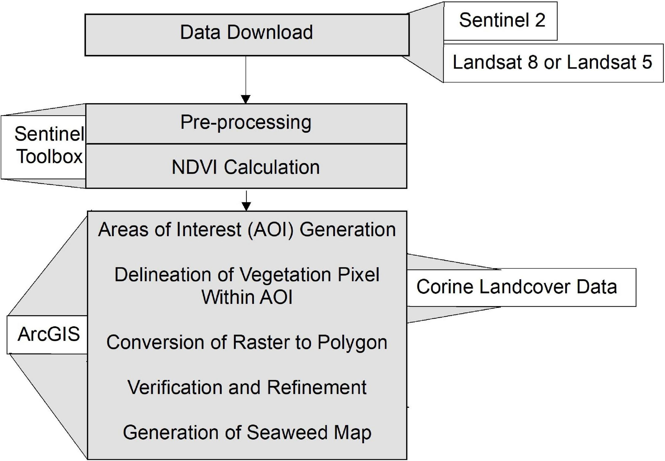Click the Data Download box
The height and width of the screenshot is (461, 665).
pos(247,35)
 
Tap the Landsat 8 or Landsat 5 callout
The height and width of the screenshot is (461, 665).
pos(553,63)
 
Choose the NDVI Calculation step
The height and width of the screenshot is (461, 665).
pos(246,167)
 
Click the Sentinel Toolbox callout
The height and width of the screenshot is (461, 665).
pos(49,146)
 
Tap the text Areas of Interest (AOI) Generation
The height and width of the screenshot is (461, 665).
pos(247,230)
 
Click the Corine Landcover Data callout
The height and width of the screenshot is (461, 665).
pos(517,287)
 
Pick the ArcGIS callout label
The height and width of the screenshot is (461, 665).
pos(48,334)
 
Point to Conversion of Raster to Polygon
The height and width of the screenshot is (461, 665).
pos(247,343)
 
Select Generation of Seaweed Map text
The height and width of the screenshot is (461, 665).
pos(247,433)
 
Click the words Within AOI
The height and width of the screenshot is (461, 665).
pos(247,297)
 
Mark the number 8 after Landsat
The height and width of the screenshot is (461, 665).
pos(533,63)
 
